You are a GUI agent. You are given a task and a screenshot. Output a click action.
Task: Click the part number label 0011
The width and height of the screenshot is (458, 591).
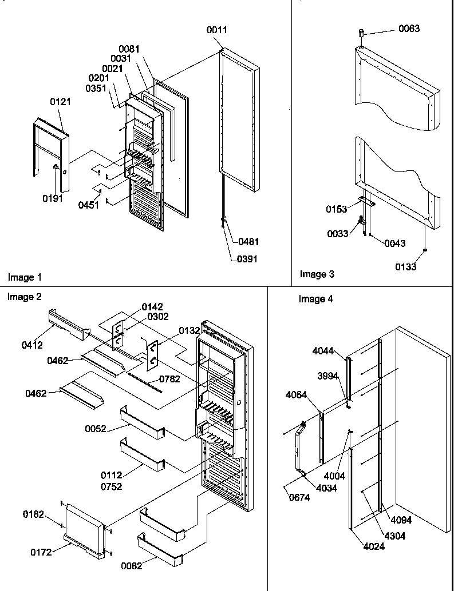pos(216,30)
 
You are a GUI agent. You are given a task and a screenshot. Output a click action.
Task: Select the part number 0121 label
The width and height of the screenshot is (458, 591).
pos(60,102)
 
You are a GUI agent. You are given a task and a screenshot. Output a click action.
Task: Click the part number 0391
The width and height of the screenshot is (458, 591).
pos(247,259)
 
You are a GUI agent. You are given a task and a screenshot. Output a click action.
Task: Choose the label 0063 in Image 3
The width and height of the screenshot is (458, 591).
pos(409,29)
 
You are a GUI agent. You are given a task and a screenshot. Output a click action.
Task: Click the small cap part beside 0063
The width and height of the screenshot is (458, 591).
pos(362,33)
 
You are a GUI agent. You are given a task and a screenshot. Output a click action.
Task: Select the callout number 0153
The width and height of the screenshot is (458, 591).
pos(337,210)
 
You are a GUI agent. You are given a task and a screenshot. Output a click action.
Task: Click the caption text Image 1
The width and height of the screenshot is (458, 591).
pos(25,277)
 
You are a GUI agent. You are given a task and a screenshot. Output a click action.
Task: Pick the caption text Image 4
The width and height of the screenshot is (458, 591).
pos(315,299)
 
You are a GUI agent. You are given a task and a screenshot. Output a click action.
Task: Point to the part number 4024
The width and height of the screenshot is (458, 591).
pos(373,546)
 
